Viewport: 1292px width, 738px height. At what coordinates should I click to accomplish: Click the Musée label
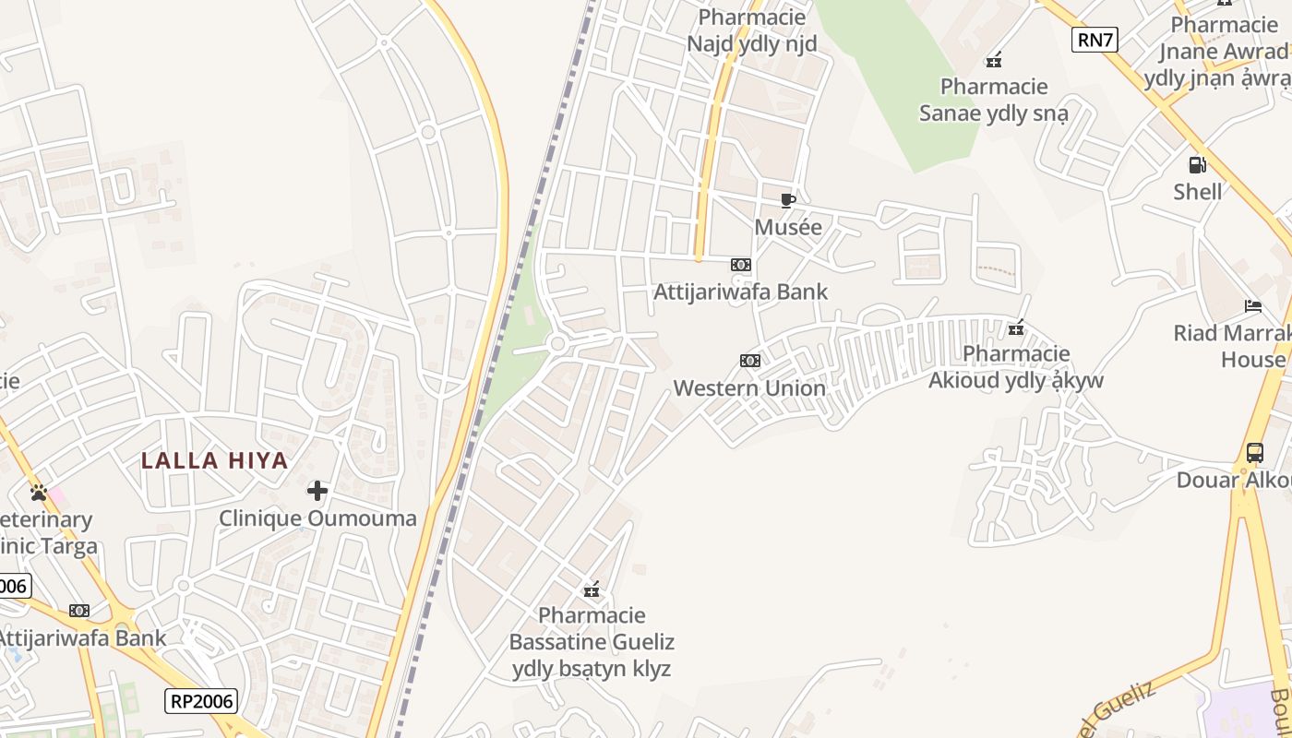787,227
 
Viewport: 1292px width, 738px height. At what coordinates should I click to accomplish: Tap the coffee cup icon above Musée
787,200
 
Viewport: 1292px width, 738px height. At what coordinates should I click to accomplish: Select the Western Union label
749,388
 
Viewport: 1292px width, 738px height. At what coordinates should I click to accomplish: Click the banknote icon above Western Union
749,361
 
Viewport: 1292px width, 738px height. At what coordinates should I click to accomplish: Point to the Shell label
1197,192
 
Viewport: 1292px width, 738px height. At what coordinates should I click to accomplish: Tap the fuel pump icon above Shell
1197,165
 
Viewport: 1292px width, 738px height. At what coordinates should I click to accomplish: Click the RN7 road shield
1095,39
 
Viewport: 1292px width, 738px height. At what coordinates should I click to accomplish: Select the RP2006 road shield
202,701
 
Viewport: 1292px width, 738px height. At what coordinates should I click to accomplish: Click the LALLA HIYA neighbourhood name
215,460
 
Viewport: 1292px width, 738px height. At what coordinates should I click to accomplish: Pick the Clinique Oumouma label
317,518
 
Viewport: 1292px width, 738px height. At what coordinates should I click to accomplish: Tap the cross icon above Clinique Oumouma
317,491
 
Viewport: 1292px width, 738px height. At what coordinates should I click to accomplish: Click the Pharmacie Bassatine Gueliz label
592,642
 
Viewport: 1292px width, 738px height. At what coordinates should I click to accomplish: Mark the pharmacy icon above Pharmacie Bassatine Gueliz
592,589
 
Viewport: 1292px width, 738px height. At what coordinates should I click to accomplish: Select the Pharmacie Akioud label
1016,367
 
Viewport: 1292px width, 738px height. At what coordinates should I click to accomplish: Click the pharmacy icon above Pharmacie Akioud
1016,327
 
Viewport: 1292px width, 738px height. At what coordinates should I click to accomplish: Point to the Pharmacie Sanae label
994,100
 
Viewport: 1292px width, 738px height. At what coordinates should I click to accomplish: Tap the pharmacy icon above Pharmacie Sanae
994,61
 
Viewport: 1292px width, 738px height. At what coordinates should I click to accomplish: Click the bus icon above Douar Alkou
1254,453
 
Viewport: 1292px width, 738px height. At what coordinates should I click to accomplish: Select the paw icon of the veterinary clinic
38,493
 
